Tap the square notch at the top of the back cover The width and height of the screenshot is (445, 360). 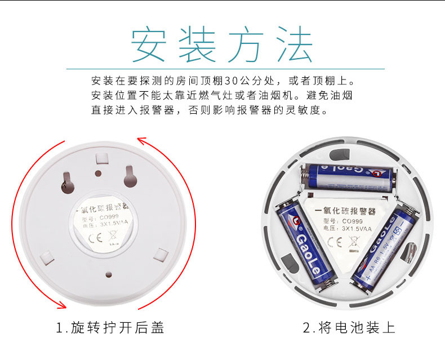coord(102,159)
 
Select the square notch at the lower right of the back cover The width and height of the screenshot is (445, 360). coord(161,255)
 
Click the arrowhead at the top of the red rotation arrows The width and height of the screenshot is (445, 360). coord(141,140)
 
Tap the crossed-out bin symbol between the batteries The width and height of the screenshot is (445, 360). coord(354,242)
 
